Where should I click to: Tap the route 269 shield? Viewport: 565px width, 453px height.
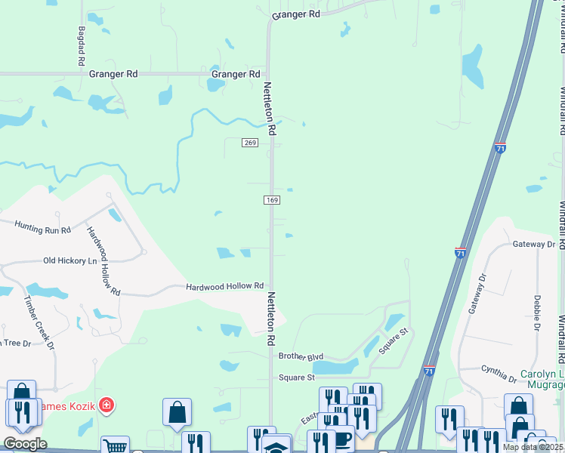pos(251,143)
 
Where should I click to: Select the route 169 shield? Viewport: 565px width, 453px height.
pos(272,200)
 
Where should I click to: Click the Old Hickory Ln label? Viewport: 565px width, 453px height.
pos(70,260)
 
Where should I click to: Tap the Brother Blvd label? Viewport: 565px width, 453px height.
pos(301,356)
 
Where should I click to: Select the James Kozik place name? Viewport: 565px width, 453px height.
pos(66,406)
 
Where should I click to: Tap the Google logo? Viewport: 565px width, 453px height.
pos(25,444)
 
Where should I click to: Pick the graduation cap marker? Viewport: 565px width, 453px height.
pos(276,446)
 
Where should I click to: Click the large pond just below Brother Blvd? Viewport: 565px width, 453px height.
pos(335,367)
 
